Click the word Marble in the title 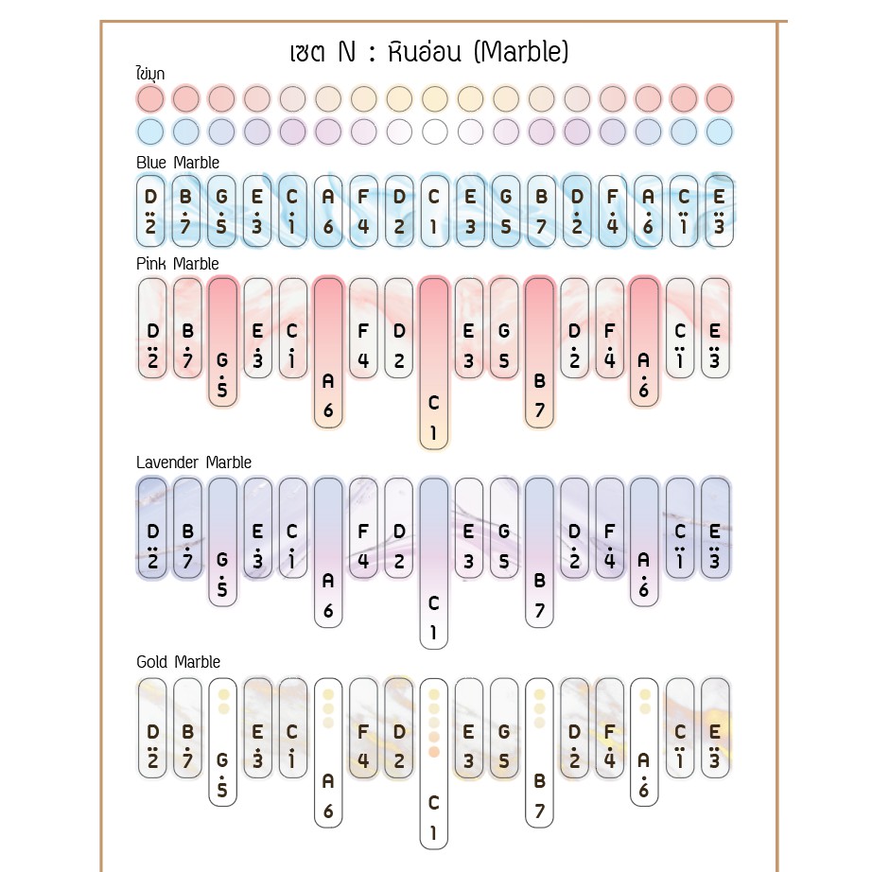522,52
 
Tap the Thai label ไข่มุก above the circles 150,73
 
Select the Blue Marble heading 178,163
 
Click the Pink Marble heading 178,264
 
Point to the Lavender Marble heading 194,462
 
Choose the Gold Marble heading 178,662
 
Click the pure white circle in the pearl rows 435,132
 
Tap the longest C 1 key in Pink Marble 434,363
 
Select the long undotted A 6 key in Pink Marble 328,353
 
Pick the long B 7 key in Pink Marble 539,353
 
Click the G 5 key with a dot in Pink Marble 222,341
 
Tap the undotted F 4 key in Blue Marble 364,211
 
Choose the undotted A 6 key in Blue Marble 328,211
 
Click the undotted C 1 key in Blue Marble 435,211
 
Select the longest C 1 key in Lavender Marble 434,564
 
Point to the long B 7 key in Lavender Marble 539,552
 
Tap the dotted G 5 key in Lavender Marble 222,542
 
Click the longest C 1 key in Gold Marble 434,763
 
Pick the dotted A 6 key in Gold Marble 645,741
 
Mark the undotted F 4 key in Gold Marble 364,728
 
